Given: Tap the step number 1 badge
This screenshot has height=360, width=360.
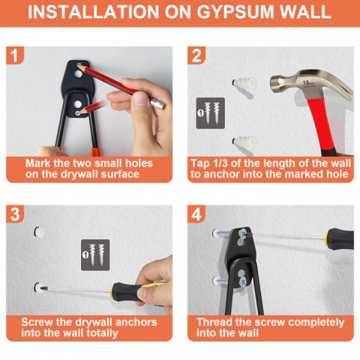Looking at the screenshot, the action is pos(14,55).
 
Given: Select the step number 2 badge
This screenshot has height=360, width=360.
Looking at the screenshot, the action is pos(196,55).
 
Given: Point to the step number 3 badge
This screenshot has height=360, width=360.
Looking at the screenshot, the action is pos(14,214).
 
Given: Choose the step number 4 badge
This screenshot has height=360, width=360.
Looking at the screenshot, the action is pos(196,214).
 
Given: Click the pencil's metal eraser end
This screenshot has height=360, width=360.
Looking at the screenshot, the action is pos(158,104).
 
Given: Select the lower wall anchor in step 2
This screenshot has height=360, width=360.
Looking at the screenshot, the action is pos(244,142).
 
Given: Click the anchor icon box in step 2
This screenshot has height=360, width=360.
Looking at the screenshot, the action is pos(211,113).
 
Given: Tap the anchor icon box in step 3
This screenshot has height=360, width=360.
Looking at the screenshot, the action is pos(95,255).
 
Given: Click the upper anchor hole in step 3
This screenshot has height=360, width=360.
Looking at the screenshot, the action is pos(39,232).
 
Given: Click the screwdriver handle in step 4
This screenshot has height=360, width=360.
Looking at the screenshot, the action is pos(340,239).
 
